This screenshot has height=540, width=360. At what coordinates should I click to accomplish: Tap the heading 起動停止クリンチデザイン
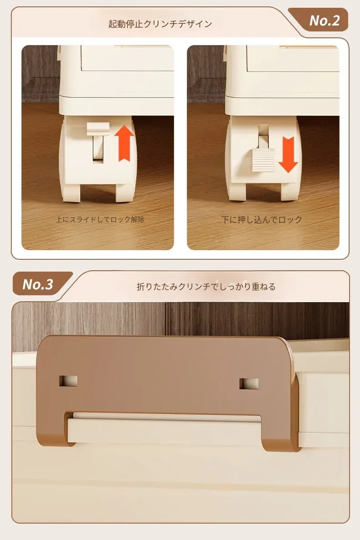160,24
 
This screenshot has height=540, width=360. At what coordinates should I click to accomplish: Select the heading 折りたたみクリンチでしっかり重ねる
206,287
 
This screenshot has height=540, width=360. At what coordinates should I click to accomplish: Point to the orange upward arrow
124,143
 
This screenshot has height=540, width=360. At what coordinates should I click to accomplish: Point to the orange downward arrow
288,154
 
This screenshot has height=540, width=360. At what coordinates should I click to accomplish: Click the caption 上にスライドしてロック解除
100,219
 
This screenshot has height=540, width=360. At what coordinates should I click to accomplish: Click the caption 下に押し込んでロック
262,219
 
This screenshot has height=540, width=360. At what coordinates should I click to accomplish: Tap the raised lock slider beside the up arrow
98,129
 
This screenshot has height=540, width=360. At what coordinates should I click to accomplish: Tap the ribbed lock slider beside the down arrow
263,160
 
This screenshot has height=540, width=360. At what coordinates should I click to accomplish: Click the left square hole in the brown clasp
68,381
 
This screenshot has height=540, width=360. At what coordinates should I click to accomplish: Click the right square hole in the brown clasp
249,384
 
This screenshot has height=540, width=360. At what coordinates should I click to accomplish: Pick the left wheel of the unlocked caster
71,191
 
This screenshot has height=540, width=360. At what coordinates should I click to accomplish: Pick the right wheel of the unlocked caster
125,192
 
